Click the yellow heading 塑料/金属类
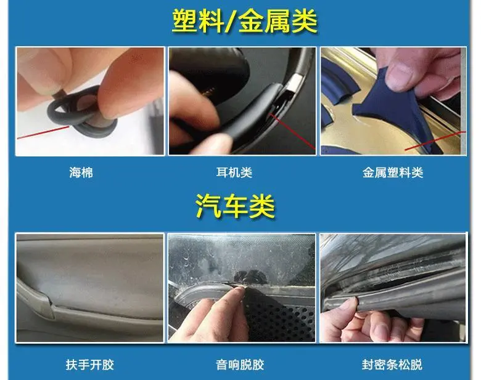(x=244, y=21)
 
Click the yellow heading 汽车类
(x=235, y=206)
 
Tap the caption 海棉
(x=81, y=172)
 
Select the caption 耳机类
(x=234, y=172)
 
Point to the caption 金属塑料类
(x=393, y=172)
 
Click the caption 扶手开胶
(x=89, y=365)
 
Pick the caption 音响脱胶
(x=240, y=365)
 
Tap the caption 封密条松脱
(x=392, y=365)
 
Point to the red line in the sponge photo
(x=43, y=132)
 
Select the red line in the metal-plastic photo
(x=435, y=140)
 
